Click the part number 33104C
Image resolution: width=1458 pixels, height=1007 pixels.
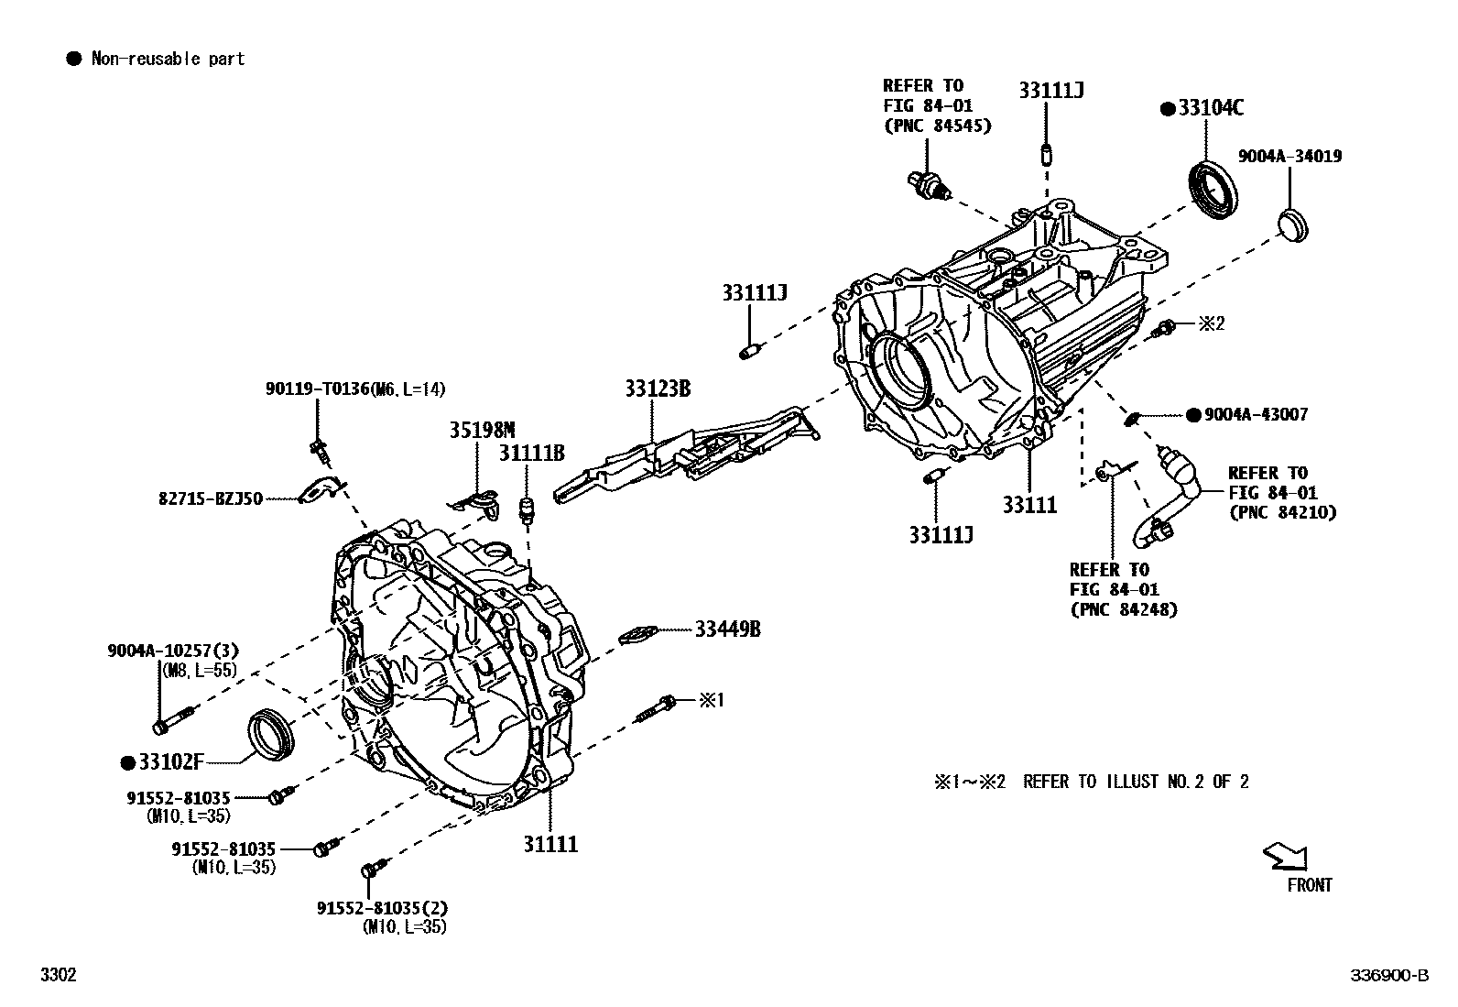(1211, 108)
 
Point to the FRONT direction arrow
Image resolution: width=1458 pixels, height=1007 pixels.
(1286, 857)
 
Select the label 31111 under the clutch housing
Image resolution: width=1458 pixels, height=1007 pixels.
(550, 844)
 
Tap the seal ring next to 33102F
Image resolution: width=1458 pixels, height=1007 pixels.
(273, 733)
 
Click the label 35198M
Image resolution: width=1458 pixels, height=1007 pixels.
(482, 430)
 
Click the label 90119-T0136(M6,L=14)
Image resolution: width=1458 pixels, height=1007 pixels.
(355, 389)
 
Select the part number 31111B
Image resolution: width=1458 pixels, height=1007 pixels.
(531, 453)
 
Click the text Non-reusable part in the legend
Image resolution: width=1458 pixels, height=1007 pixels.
(168, 59)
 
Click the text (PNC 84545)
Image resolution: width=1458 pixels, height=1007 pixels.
(937, 126)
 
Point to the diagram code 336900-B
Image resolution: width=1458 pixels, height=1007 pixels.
(1388, 975)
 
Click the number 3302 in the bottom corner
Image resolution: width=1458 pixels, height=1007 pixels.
(58, 975)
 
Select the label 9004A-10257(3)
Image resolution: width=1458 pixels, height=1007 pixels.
(173, 651)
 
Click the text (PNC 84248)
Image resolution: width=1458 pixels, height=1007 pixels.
(1124, 608)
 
